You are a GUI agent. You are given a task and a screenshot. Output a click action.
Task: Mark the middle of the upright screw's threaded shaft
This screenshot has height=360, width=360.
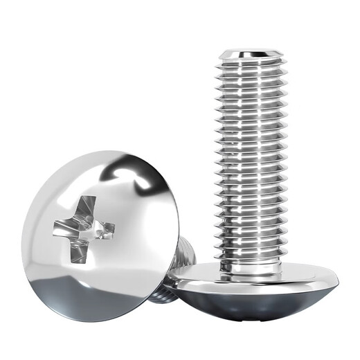[x=251, y=159]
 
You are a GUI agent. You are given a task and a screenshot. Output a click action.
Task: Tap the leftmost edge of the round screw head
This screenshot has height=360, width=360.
[x=22, y=235]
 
